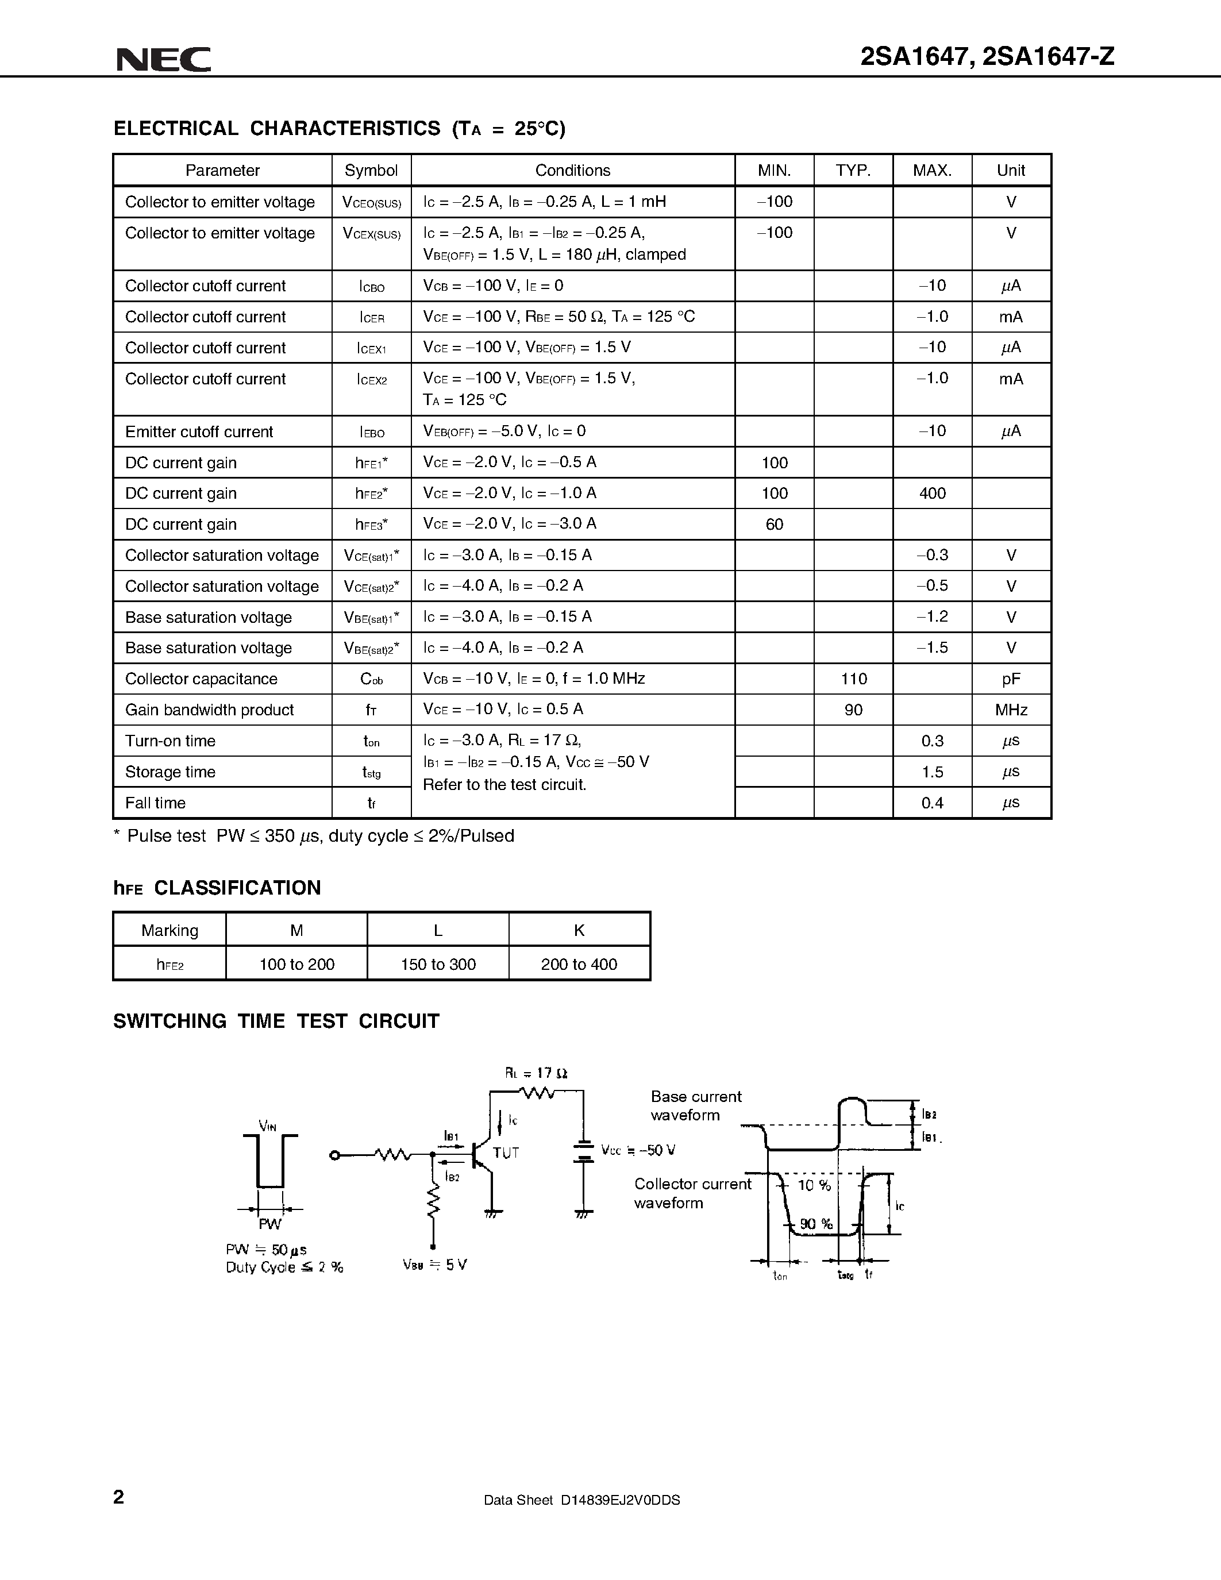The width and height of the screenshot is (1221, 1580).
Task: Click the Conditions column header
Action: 572,171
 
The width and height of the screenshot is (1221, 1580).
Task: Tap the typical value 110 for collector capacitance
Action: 853,679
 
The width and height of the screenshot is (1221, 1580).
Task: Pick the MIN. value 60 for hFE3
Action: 774,525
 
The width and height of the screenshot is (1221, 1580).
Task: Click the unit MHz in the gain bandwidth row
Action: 1011,710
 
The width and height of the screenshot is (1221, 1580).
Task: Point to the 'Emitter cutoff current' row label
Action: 199,432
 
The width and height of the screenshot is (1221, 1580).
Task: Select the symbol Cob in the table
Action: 371,679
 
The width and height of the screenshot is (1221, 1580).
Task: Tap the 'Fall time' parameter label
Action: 156,803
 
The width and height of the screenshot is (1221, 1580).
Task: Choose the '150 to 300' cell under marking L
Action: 438,964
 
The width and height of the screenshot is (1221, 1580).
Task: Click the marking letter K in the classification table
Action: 579,930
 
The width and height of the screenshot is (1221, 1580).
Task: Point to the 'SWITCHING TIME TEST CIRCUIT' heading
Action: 276,1021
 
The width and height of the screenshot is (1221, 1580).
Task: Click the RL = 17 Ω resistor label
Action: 536,1073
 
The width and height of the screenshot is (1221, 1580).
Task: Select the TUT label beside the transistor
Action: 506,1153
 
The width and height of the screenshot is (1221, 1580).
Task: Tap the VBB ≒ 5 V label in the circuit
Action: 435,1265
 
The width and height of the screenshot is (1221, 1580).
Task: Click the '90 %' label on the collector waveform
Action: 816,1224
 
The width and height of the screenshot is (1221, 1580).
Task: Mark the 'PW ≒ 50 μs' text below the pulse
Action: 266,1250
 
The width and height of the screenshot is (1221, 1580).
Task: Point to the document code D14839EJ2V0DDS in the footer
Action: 620,1500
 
